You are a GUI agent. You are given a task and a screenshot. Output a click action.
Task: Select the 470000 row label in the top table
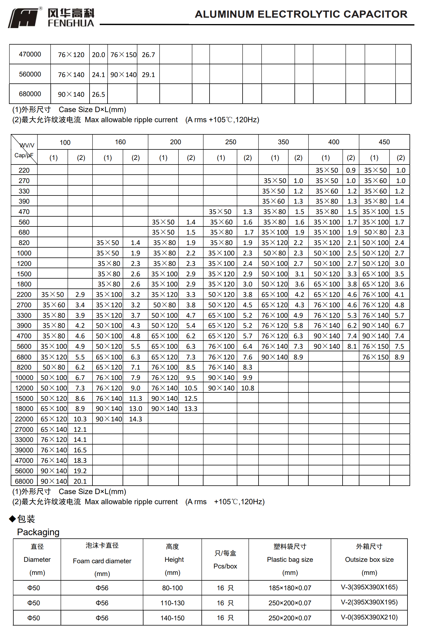pyautogui.click(x=30, y=54)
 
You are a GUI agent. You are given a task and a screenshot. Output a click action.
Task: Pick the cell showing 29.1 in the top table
pyautogui.click(x=148, y=75)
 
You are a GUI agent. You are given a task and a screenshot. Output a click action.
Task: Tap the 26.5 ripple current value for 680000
pyautogui.click(x=99, y=94)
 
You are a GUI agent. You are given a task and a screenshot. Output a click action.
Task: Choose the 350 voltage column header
pyautogui.click(x=283, y=142)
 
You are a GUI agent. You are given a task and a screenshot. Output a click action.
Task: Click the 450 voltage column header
pyautogui.click(x=384, y=142)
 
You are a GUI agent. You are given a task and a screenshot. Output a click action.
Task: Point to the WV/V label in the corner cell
pyautogui.click(x=27, y=145)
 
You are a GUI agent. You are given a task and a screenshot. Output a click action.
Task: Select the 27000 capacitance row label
pyautogui.click(x=24, y=429)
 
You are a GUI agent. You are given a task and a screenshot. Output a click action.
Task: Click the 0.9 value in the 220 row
pyautogui.click(x=351, y=170)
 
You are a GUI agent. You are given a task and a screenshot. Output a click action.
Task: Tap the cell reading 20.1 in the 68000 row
pyautogui.click(x=80, y=481)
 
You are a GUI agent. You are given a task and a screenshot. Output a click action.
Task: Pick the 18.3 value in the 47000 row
pyautogui.click(x=80, y=460)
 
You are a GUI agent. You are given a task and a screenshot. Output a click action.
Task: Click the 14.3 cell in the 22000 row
pyautogui.click(x=135, y=419)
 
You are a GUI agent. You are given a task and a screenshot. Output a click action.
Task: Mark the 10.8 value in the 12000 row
pyautogui.click(x=248, y=388)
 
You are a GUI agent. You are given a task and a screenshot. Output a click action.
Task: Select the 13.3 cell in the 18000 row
pyautogui.click(x=191, y=409)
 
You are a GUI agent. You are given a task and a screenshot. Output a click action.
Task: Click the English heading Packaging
pyautogui.click(x=38, y=532)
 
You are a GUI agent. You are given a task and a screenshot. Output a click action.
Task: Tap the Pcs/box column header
pyautogui.click(x=225, y=566)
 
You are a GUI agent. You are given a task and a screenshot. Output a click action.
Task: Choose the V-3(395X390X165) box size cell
pyautogui.click(x=369, y=587)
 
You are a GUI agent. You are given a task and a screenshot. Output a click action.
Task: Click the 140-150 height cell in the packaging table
pyautogui.click(x=172, y=618)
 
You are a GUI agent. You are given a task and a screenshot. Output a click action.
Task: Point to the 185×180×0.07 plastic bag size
pyautogui.click(x=290, y=588)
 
